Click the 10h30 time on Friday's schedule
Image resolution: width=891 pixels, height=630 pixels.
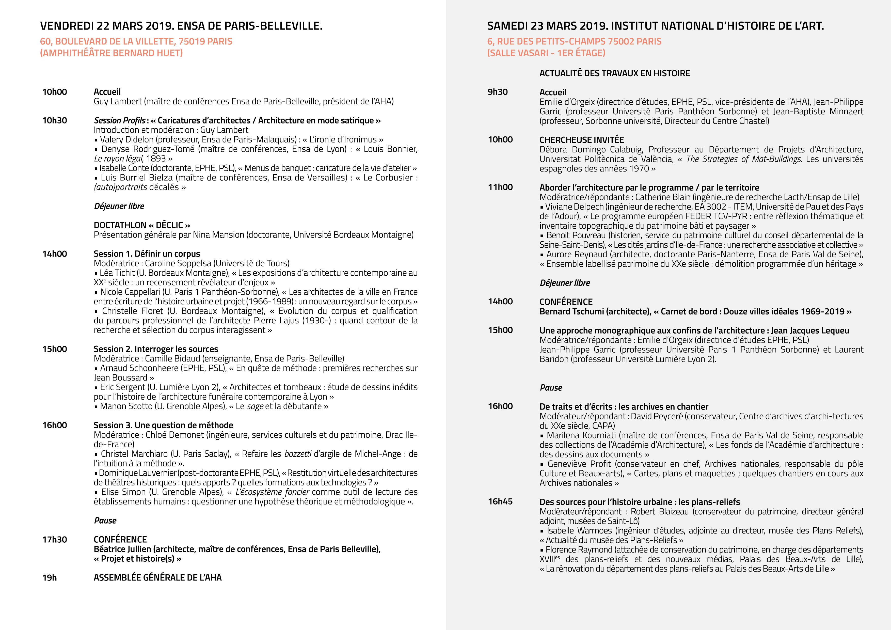pyautogui.click(x=54, y=120)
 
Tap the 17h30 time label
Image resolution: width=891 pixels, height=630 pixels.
pyautogui.click(x=54, y=540)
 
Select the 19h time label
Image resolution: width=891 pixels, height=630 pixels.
pyautogui.click(x=49, y=578)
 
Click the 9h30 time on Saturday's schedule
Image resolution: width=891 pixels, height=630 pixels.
pyautogui.click(x=498, y=92)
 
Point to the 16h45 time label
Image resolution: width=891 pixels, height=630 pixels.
pyautogui.click(x=500, y=501)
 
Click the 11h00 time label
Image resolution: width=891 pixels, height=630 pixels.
pyautogui.click(x=500, y=187)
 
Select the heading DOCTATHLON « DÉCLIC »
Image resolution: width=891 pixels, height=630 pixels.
pyautogui.click(x=142, y=225)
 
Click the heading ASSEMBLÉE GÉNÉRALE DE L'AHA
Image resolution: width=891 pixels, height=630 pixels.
pyautogui.click(x=157, y=578)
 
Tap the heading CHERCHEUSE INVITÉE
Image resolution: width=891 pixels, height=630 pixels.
pyautogui.click(x=581, y=140)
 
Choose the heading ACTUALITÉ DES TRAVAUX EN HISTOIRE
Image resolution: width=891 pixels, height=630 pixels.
pyautogui.click(x=615, y=73)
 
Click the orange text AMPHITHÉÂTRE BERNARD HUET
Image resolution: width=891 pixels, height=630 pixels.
pyautogui.click(x=111, y=53)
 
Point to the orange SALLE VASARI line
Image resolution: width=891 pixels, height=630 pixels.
pyautogui.click(x=546, y=53)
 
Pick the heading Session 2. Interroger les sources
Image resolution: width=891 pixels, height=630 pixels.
pyautogui.click(x=156, y=349)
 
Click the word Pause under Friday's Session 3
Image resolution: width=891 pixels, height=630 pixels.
pyautogui.click(x=105, y=521)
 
